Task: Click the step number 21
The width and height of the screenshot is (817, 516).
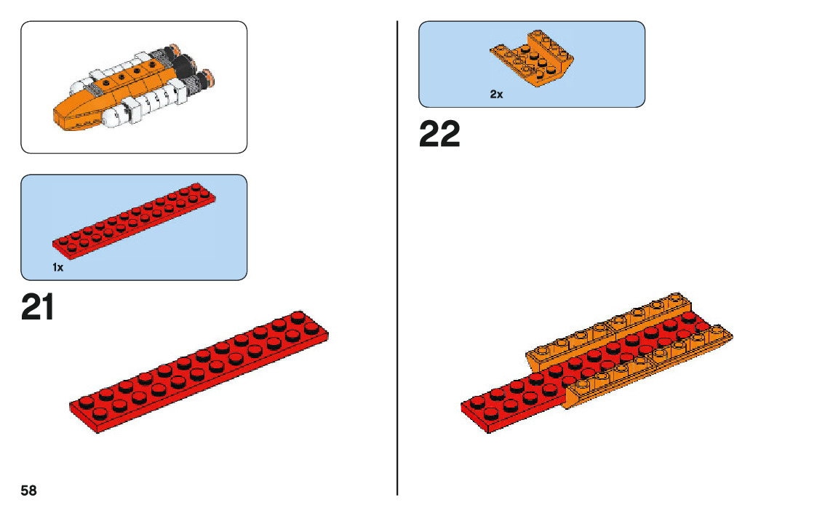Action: pos(38,308)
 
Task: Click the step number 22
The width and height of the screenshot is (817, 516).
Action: pos(439,135)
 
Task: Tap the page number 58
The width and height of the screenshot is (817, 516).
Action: pos(28,491)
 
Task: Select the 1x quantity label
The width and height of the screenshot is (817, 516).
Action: pos(58,268)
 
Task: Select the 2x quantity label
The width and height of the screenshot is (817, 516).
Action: pos(496,95)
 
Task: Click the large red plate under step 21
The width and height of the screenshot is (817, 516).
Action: pos(198,371)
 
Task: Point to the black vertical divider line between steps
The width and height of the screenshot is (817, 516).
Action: pos(397,255)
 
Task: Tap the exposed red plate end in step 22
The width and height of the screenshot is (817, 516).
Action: pos(509,408)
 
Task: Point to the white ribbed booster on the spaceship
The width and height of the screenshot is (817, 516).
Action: pos(149,102)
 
